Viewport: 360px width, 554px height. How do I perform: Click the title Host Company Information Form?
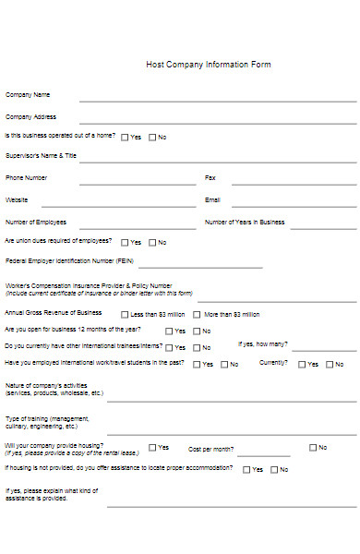[x=209, y=65]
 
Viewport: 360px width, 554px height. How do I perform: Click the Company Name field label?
[x=28, y=94]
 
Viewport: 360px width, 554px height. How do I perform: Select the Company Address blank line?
[x=218, y=121]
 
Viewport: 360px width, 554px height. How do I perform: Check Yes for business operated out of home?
[x=125, y=138]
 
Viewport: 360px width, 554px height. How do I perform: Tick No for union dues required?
[x=152, y=243]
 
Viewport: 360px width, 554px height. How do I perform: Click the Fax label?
[x=210, y=177]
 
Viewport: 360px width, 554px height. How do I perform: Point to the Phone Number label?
[x=26, y=177]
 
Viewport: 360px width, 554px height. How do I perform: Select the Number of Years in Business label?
[x=245, y=222]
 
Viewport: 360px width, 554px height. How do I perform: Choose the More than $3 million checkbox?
[x=196, y=315]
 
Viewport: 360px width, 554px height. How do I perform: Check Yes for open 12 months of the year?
[x=169, y=331]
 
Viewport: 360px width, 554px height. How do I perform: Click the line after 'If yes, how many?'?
[x=323, y=350]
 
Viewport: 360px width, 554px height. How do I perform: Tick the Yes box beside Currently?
[x=302, y=365]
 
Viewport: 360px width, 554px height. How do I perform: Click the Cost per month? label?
[x=210, y=449]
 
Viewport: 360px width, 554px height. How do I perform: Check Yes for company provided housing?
[x=152, y=448]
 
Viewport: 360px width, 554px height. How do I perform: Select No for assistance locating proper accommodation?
[x=272, y=470]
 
